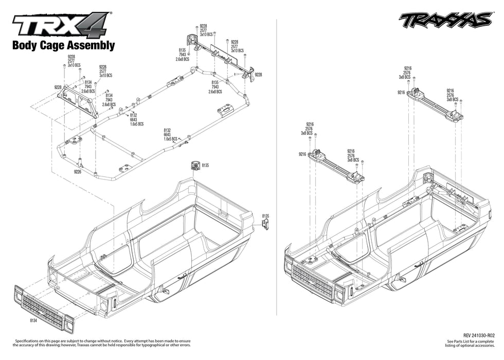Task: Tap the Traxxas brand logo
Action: [445, 20]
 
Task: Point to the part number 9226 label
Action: [78, 172]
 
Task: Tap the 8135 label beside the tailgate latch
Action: [265, 216]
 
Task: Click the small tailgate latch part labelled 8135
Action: [265, 223]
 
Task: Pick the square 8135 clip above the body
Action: [195, 165]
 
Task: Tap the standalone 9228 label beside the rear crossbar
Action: [258, 75]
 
